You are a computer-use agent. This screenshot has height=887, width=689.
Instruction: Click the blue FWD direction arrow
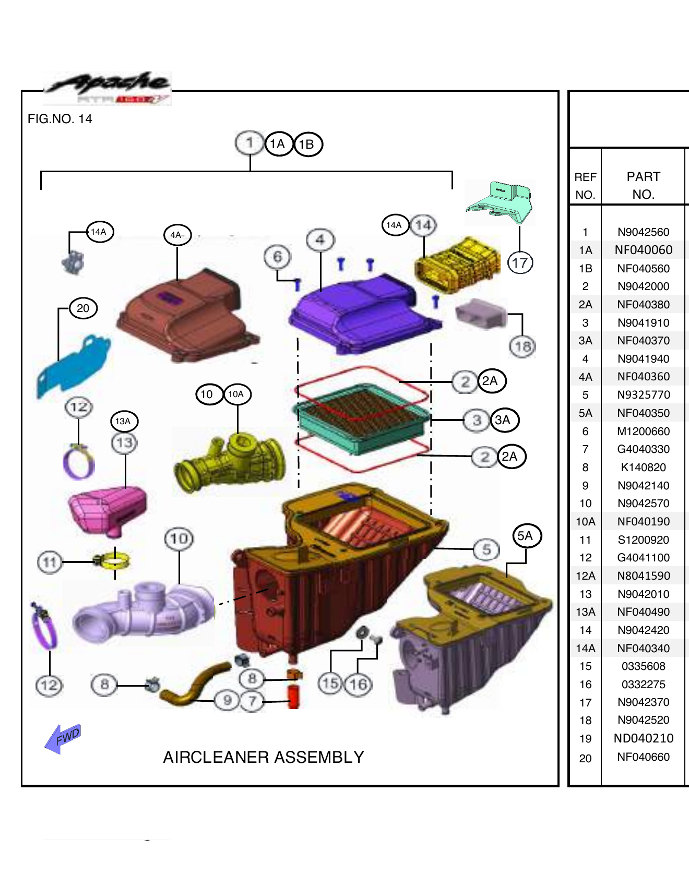[63, 738]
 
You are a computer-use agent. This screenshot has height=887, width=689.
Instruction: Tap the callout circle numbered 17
[520, 262]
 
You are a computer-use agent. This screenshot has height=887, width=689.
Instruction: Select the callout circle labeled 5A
[526, 536]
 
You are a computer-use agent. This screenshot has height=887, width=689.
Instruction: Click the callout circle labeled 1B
[308, 145]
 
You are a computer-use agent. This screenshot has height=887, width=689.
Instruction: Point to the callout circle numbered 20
[83, 308]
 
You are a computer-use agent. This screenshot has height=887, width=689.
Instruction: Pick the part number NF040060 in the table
[643, 250]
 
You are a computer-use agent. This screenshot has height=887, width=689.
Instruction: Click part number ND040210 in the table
[643, 738]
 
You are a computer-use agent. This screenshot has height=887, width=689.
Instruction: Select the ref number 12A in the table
[585, 576]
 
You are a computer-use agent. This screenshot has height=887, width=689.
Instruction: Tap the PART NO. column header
[643, 185]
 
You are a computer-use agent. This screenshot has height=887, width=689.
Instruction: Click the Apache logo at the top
[109, 87]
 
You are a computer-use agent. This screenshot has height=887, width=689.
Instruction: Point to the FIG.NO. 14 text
[60, 119]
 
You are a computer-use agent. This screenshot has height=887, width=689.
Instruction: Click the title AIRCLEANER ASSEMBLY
[263, 757]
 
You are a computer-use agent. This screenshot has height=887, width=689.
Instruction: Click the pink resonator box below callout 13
[107, 509]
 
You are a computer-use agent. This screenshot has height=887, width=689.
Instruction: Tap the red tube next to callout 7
[294, 697]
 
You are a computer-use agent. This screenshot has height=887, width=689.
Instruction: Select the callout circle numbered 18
[522, 346]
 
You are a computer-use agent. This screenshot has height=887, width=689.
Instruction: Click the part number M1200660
[643, 431]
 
